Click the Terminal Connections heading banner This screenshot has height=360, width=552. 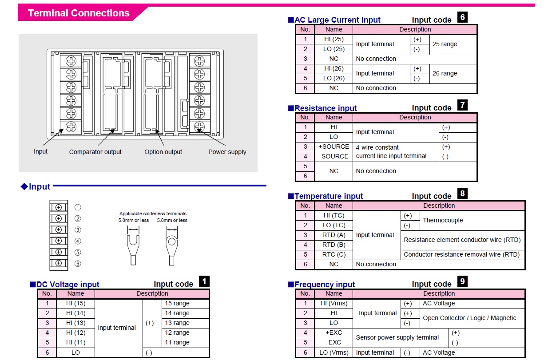pyautogui.click(x=79, y=13)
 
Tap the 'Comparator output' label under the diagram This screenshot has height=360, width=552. pyautogui.click(x=95, y=152)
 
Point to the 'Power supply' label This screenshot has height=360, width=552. pyautogui.click(x=227, y=152)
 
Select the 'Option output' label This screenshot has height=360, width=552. pyautogui.click(x=163, y=152)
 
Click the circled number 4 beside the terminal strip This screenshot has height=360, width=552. pyautogui.click(x=78, y=241)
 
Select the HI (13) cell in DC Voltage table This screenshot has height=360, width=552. pyautogui.click(x=75, y=323)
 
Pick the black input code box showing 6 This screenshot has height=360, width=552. pyautogui.click(x=462, y=17)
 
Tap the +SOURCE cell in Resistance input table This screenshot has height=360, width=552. pyautogui.click(x=334, y=146)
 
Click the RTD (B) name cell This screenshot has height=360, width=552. pyautogui.click(x=334, y=245)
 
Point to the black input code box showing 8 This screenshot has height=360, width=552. pyautogui.click(x=462, y=194)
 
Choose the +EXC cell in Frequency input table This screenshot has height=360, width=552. pyautogui.click(x=334, y=332)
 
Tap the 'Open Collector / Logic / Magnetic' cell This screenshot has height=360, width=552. pyautogui.click(x=469, y=318)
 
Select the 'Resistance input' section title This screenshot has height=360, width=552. pyautogui.click(x=326, y=108)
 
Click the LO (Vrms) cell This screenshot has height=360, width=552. pyautogui.click(x=334, y=352)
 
